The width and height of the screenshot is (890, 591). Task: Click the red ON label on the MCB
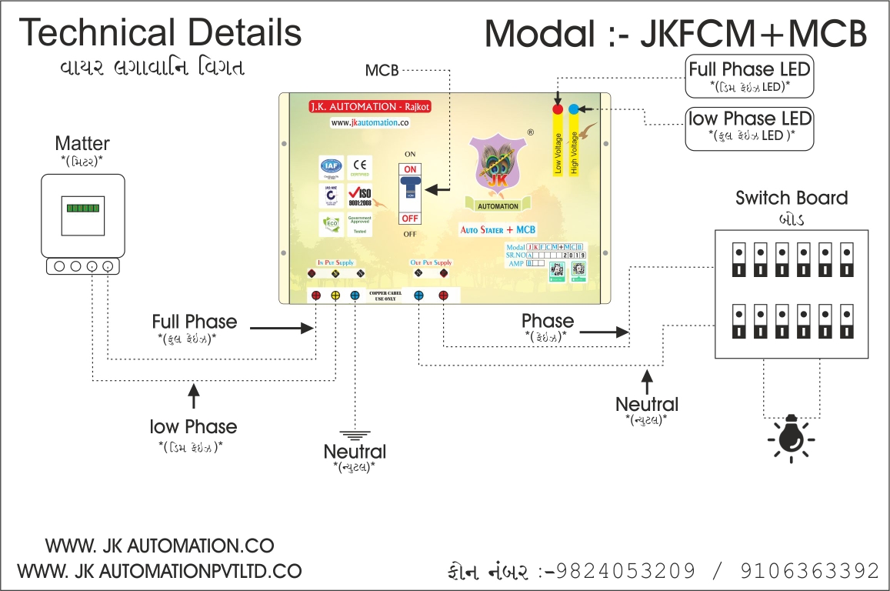[x=410, y=169]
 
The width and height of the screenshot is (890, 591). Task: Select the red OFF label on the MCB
[x=410, y=219]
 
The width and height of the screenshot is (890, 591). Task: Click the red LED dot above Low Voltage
[x=558, y=109]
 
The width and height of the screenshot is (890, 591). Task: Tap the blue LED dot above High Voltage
[x=574, y=109]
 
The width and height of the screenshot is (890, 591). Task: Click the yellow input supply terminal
[x=335, y=295]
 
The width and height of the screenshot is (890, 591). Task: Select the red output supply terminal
[x=443, y=295]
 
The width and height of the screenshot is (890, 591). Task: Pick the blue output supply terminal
[x=419, y=295]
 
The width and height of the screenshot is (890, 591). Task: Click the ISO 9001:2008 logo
[x=359, y=196]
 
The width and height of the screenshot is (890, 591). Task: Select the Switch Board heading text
[x=792, y=198]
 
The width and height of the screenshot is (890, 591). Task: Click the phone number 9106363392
[x=810, y=571]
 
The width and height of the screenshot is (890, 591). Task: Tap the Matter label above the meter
[x=82, y=144]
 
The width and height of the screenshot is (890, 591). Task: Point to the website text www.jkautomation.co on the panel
[x=369, y=122]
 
